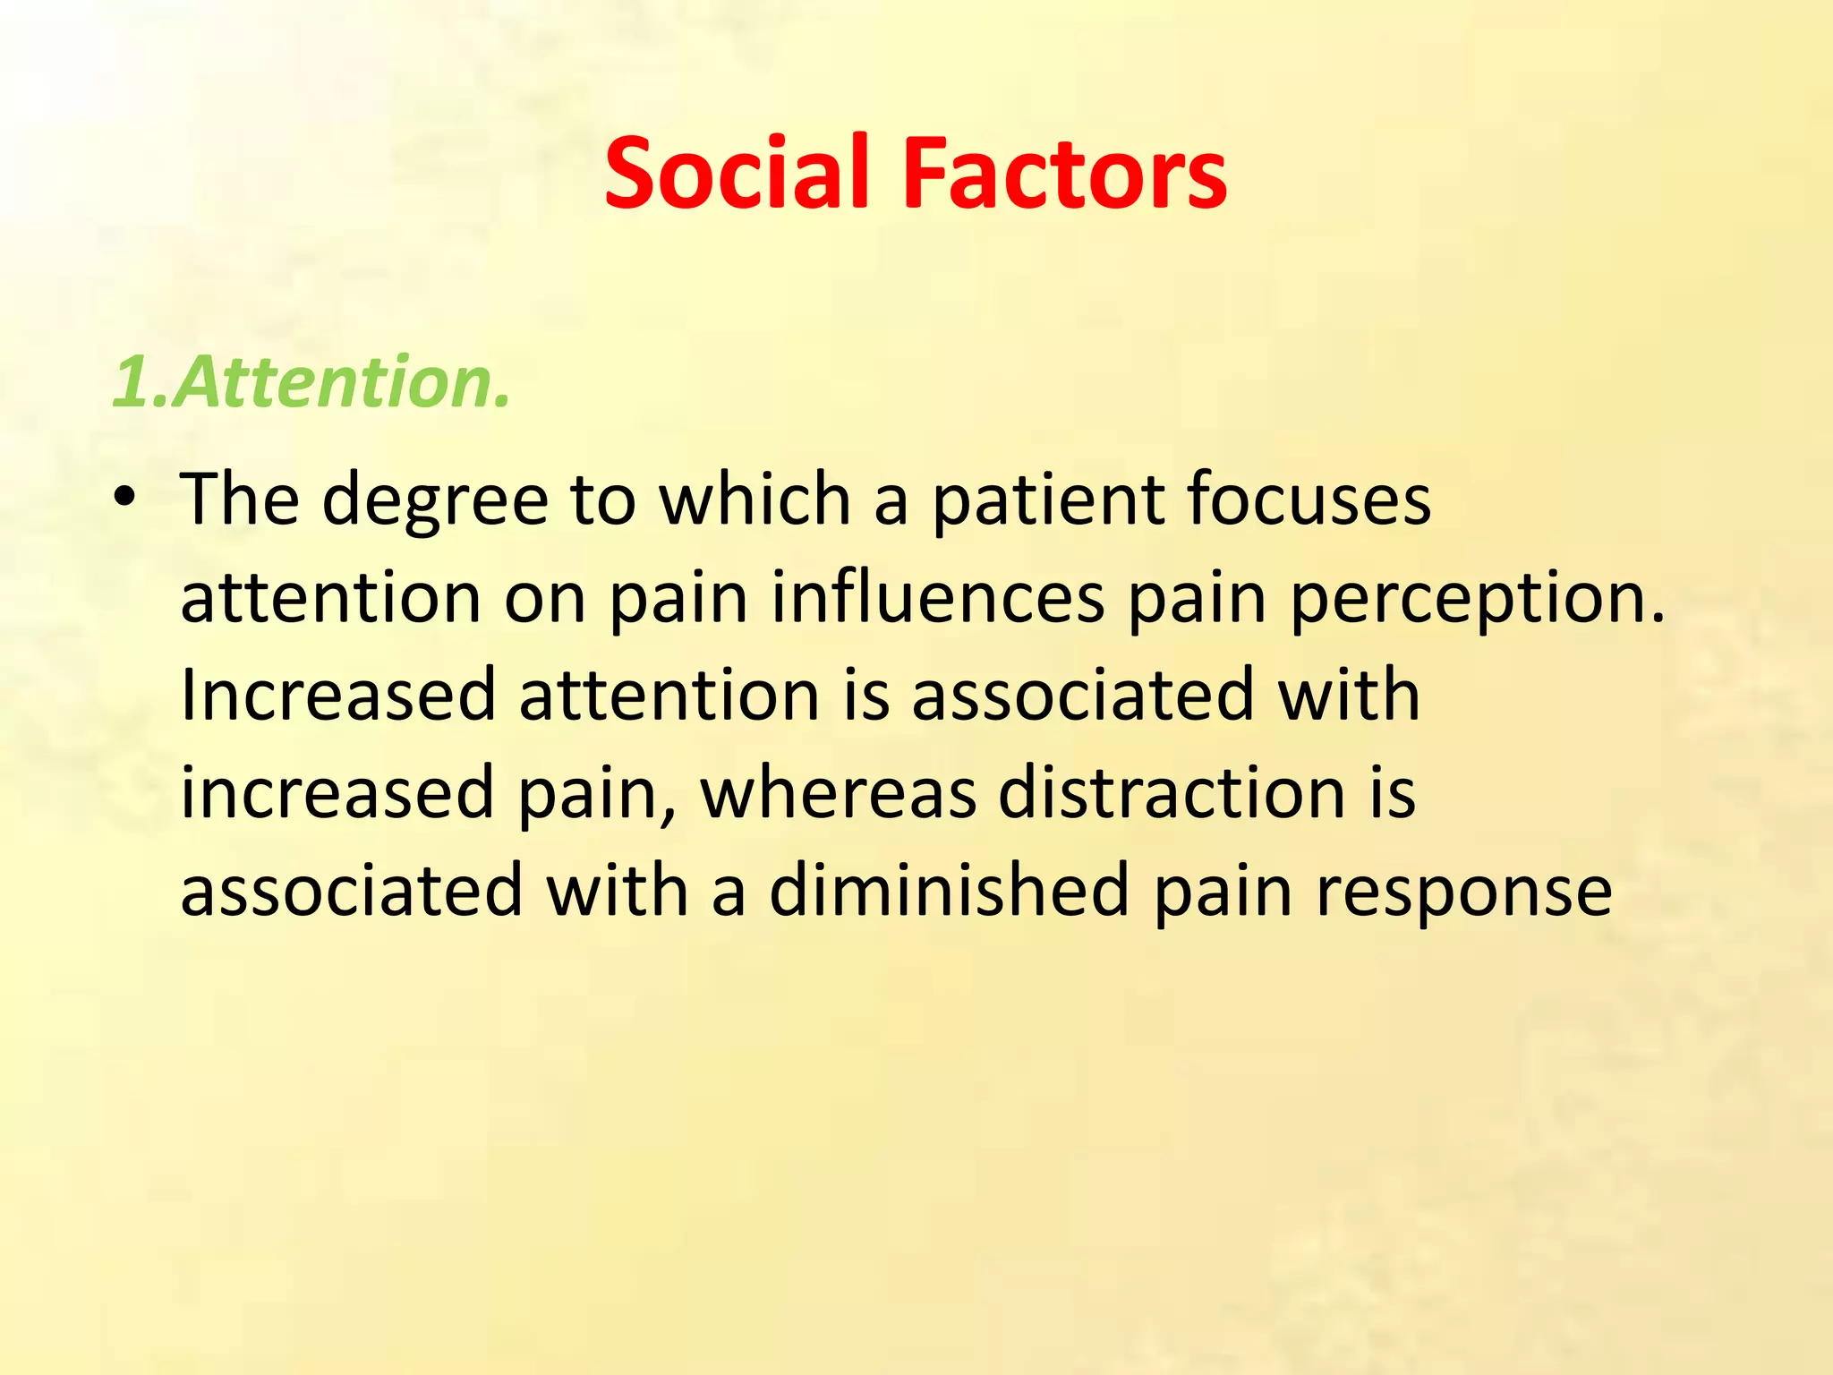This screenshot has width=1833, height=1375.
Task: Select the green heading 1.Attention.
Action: (311, 382)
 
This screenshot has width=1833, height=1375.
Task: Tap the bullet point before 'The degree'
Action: (124, 497)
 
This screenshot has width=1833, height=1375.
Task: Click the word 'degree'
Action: (435, 500)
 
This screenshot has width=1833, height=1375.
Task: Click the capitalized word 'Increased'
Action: (337, 696)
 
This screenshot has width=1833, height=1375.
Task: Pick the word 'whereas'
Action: (838, 794)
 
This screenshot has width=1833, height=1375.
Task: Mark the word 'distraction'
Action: (1172, 794)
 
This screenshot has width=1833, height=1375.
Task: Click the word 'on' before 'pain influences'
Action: (545, 600)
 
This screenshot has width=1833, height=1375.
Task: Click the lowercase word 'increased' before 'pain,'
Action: (337, 794)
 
